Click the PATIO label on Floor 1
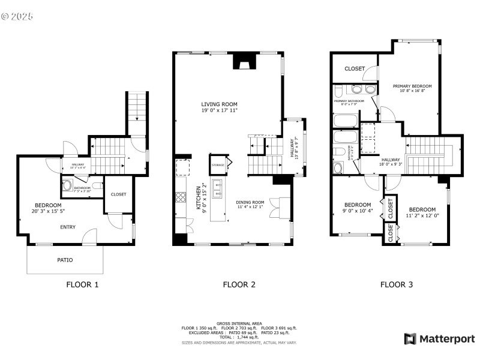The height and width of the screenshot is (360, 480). tap(65, 260)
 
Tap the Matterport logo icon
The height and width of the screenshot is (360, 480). tap(410, 339)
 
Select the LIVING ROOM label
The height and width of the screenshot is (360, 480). tap(219, 104)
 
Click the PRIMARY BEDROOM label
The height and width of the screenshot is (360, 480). tap(412, 86)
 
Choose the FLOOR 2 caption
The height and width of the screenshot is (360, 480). tap(239, 285)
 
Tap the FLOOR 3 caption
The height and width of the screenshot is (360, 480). tap(397, 285)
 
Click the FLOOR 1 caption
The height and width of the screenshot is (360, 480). tap(82, 285)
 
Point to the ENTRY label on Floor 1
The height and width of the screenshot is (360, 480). tap(67, 227)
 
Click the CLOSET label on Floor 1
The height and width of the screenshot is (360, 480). tap(118, 194)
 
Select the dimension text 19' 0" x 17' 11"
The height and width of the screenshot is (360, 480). tap(219, 110)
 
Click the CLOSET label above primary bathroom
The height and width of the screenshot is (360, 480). tap(354, 69)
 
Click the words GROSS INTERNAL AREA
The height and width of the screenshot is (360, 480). tap(239, 323)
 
